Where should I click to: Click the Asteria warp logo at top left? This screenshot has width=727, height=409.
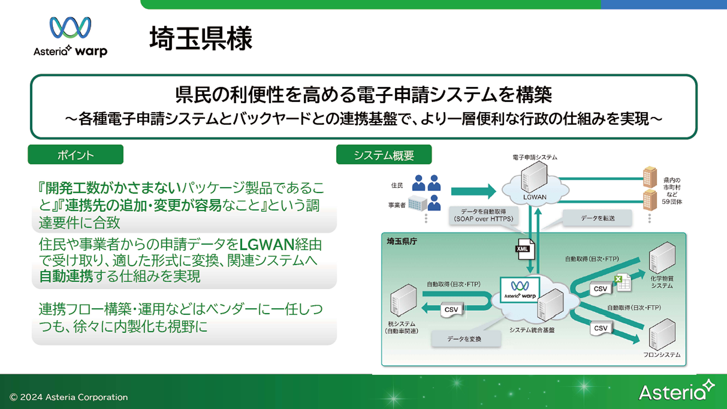(70, 37)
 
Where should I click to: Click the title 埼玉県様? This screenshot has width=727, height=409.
(201, 39)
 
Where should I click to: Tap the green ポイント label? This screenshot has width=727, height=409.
(75, 155)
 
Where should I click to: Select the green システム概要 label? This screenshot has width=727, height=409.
(384, 155)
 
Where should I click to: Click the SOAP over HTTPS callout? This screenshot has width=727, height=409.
(483, 215)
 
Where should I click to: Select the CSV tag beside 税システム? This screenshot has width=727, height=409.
(451, 310)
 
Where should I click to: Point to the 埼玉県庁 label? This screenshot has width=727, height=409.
(402, 242)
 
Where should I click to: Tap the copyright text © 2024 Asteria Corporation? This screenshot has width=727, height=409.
(69, 397)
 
